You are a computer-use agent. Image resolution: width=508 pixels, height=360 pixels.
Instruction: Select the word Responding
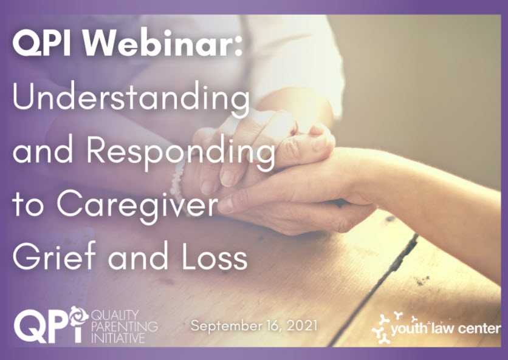coord(181,152)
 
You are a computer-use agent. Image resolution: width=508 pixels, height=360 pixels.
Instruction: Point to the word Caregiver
coord(138,206)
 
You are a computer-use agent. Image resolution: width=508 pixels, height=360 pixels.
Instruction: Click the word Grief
coord(54,256)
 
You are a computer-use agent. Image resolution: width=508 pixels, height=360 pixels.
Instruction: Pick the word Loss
coord(215,256)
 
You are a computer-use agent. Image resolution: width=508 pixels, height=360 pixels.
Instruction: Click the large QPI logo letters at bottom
coord(51,325)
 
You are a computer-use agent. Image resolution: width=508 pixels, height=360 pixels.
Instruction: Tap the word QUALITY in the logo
coord(111,314)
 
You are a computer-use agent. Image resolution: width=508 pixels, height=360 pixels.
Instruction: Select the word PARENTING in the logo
coord(125,326)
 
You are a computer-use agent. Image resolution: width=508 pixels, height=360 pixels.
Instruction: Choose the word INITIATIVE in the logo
coord(118,338)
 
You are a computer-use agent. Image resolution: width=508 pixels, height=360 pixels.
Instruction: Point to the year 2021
coord(302,325)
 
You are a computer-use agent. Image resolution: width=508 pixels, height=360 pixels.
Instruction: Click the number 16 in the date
coord(273,325)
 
